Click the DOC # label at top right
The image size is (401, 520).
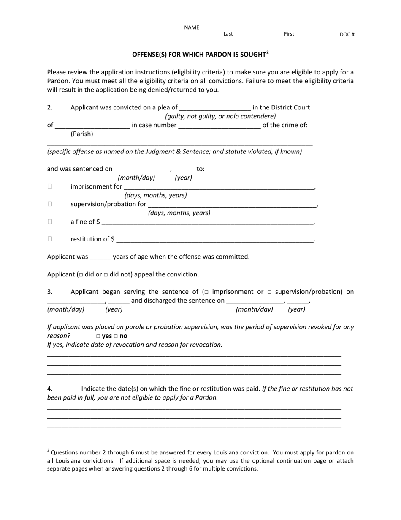click(x=347, y=35)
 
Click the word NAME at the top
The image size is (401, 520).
click(x=191, y=27)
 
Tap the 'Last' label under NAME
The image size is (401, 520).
click(x=228, y=34)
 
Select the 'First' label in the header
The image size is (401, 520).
click(x=289, y=34)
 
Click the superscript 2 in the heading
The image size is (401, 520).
click(x=268, y=52)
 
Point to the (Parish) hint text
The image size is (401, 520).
click(x=82, y=134)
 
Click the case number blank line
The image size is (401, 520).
click(x=219, y=126)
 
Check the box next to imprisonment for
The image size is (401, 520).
click(x=50, y=186)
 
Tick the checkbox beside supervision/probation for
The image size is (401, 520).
click(x=50, y=204)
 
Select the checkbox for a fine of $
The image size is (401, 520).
click(x=50, y=222)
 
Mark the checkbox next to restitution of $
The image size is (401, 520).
click(x=50, y=239)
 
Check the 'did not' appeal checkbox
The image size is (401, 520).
click(x=106, y=275)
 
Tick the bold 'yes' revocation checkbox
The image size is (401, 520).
click(x=98, y=337)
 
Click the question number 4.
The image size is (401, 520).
click(x=50, y=389)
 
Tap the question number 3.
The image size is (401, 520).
click(x=50, y=292)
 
